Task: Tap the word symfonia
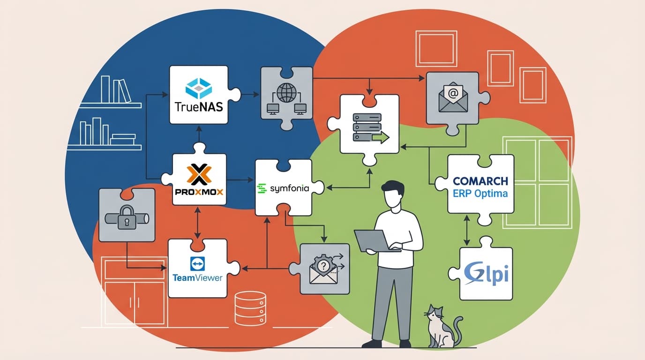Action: click(289, 188)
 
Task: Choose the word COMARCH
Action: click(480, 181)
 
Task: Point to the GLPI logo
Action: click(486, 274)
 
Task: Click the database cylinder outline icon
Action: click(250, 308)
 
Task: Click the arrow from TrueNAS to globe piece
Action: click(250, 95)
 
